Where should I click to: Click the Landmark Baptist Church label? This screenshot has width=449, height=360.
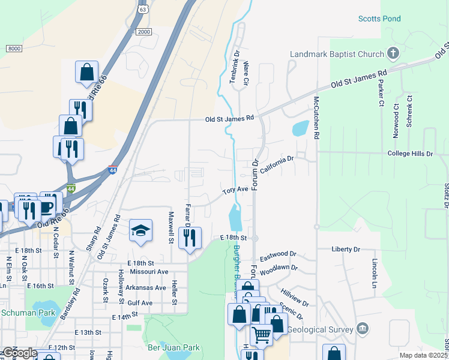(x=337, y=54)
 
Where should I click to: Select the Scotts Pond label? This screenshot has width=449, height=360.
(x=379, y=19)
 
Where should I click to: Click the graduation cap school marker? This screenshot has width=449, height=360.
(x=140, y=230)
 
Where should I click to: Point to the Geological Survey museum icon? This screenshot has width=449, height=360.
(x=362, y=328)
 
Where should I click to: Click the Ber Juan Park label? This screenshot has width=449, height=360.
(x=173, y=347)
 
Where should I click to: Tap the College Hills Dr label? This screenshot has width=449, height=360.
(x=410, y=154)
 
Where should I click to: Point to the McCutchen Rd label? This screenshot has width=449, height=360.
(x=316, y=118)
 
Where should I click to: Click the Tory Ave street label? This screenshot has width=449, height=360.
(x=235, y=190)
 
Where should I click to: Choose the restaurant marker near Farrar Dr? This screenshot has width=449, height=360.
(x=190, y=238)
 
